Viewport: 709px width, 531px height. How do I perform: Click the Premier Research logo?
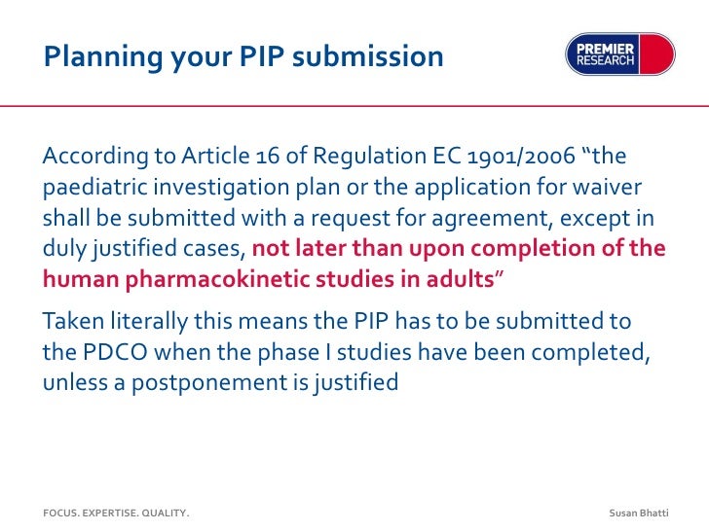[x=619, y=54]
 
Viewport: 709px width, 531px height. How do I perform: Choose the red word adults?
[x=460, y=280]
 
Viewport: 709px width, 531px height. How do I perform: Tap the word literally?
[x=158, y=321]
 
